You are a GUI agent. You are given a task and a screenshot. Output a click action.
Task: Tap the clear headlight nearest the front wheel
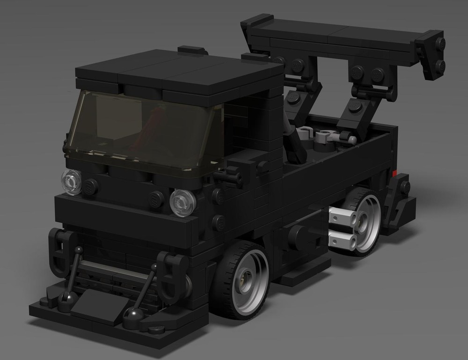point(182,202)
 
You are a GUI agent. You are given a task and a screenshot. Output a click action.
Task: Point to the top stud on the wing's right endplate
point(440,43)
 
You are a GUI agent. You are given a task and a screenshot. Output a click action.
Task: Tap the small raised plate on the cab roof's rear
point(193,50)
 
